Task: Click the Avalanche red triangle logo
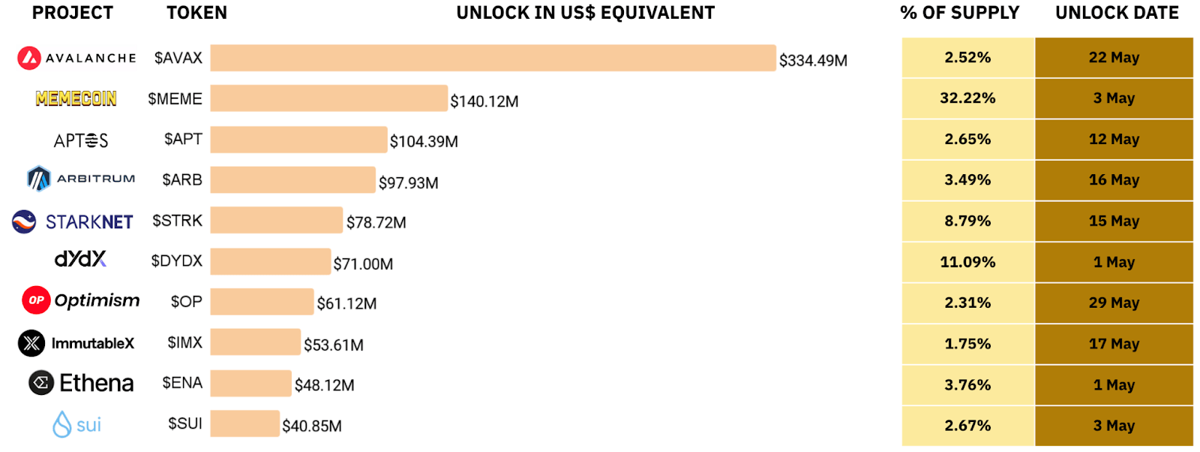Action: coord(29,58)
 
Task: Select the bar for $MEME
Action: coord(328,98)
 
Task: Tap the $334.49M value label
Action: coord(813,60)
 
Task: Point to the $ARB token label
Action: coord(182,179)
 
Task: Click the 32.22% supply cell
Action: coord(967,98)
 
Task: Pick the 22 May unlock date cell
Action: coord(1114,58)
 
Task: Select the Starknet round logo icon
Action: coord(24,221)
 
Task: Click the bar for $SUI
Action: coord(244,423)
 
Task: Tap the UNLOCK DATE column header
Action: coord(1117,13)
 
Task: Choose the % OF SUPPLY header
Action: coord(959,13)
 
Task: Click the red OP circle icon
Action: coord(36,300)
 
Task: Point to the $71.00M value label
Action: coord(363,264)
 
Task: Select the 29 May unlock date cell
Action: coord(1114,303)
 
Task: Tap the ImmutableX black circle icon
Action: coord(31,343)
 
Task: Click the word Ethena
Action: coord(97,383)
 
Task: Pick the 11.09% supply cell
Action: coord(967,262)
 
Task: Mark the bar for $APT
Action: coord(298,140)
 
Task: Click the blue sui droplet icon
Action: coord(61,424)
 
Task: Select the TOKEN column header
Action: coord(196,13)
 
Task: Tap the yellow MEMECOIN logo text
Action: coord(76,98)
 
